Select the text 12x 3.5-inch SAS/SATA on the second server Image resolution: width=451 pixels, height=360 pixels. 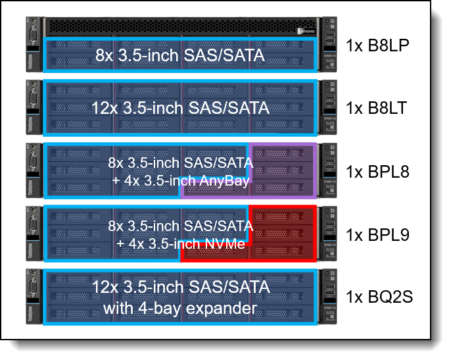179,107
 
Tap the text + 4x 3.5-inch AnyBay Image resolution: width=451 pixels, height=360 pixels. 181,180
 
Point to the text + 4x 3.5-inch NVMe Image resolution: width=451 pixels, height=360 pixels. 181,244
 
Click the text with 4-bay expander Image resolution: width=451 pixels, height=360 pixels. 179,307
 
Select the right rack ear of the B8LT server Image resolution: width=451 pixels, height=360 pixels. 329,107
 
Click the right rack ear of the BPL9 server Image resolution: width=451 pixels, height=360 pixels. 329,233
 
